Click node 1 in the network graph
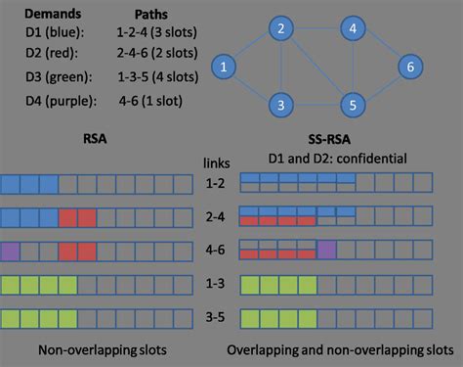click(x=225, y=68)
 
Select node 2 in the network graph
click(x=280, y=30)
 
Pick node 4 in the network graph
click(x=353, y=30)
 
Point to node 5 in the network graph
click(x=353, y=103)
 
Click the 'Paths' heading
click(x=152, y=17)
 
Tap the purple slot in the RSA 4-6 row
click(x=11, y=251)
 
